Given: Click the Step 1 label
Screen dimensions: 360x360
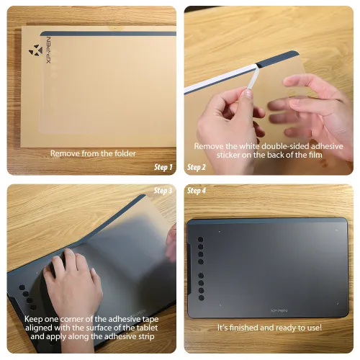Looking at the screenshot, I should click(x=163, y=168).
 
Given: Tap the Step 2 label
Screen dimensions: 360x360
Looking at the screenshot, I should click(x=197, y=168).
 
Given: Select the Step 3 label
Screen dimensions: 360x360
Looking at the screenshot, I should click(x=163, y=191).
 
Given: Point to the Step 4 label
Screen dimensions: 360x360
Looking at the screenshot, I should click(x=197, y=191).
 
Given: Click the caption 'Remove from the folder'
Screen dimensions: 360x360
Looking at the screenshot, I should click(x=92, y=153).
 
